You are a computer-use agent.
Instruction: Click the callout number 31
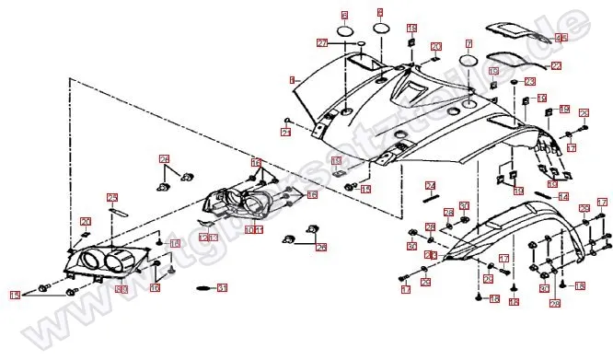click(x=221, y=288)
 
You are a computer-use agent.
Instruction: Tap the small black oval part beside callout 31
click(x=201, y=289)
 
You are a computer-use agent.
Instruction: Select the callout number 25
click(x=113, y=197)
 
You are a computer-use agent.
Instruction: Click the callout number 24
click(x=431, y=186)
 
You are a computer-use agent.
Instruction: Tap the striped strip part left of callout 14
click(x=544, y=193)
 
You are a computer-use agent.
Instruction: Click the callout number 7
click(x=468, y=43)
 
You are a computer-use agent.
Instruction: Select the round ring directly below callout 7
click(x=468, y=61)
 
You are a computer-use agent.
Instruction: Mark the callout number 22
click(x=556, y=66)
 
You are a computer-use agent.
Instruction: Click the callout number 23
click(x=529, y=82)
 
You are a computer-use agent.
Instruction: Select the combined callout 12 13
click(x=209, y=238)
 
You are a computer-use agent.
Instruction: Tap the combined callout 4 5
click(x=561, y=39)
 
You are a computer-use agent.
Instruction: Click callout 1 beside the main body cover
click(x=292, y=81)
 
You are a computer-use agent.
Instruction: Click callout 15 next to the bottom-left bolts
click(x=15, y=296)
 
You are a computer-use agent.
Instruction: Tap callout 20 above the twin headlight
click(x=85, y=221)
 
